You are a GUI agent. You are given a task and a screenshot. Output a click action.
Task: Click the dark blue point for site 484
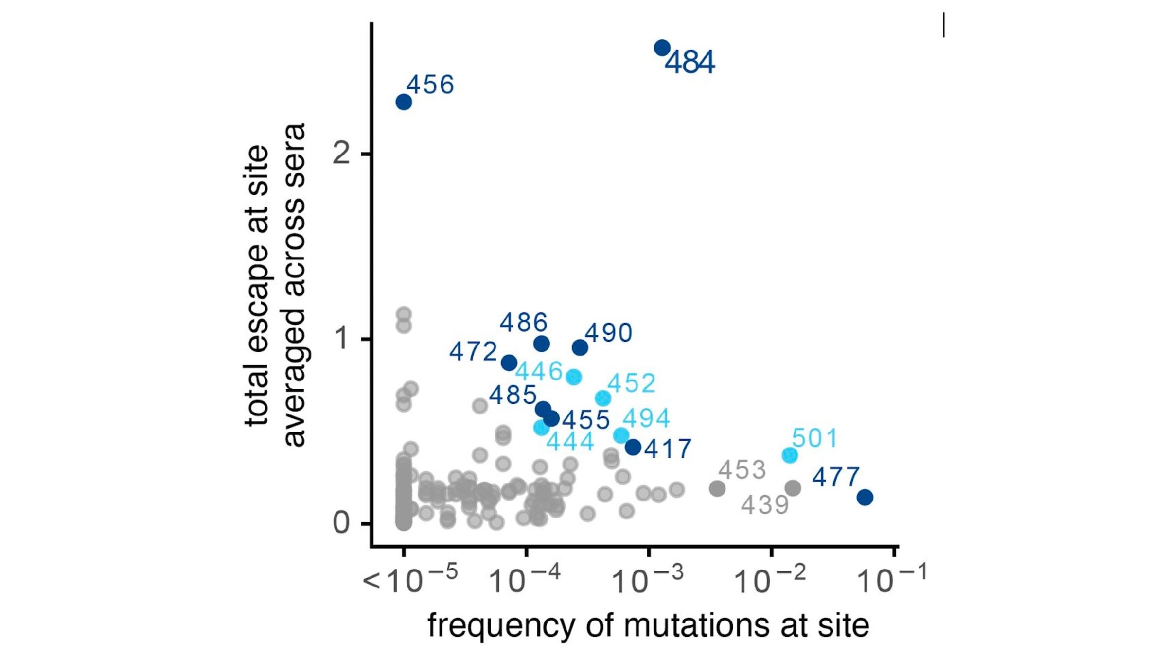[662, 48]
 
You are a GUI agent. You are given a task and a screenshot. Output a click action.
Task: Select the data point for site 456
[404, 102]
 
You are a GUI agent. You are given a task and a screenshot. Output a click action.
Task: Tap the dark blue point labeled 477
[865, 497]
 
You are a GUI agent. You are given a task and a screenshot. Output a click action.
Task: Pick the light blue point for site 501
[790, 455]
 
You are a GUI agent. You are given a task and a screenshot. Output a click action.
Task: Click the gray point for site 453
[717, 488]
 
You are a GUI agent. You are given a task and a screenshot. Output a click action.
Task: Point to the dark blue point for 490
[580, 347]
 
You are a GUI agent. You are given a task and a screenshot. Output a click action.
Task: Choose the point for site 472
[509, 363]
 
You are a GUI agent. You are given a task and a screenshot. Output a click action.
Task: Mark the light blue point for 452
[603, 398]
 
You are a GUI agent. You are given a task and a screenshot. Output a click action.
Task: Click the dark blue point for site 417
[633, 447]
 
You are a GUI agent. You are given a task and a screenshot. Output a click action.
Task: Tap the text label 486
[524, 323]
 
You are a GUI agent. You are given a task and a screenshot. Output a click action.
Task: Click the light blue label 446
[539, 372]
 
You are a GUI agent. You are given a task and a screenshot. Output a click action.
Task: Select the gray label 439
[764, 505]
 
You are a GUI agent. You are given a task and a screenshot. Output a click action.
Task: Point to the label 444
[570, 442]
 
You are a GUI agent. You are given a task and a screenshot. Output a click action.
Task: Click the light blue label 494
[646, 418]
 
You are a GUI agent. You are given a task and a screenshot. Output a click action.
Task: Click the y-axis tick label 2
[341, 154]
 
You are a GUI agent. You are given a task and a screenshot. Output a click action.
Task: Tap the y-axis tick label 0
[341, 523]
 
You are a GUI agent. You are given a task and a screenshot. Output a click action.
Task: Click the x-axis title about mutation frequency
[648, 625]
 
